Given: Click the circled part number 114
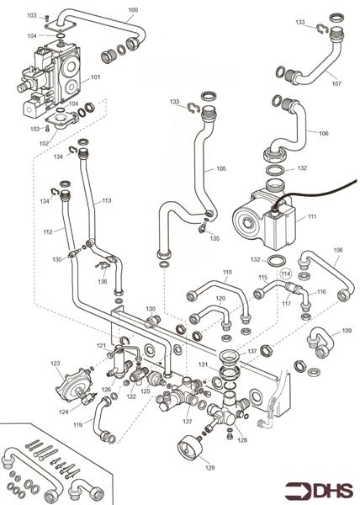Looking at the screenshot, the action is (286, 274).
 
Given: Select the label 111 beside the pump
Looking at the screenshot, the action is (312, 216).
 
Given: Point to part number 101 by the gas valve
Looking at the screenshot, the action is (96, 77).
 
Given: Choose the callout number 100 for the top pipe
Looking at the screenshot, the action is (133, 10).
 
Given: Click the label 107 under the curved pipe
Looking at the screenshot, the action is (336, 83).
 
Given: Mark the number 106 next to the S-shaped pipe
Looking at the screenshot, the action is (324, 133).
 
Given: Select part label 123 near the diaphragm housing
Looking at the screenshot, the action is (55, 364).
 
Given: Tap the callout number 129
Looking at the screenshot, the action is (209, 468).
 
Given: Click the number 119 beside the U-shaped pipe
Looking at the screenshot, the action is (78, 425).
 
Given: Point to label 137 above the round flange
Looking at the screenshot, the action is (252, 351).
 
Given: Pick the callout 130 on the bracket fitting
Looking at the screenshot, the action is (151, 309).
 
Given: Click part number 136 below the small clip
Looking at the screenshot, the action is (103, 281).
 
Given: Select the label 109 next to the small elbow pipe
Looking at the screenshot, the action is (347, 331).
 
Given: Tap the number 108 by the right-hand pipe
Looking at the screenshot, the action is (338, 250).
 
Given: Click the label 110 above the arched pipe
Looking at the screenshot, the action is (227, 272).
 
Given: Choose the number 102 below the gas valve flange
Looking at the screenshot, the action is (44, 143).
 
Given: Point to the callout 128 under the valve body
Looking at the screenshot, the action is (242, 440).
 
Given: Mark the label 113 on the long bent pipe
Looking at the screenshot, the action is (107, 200).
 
